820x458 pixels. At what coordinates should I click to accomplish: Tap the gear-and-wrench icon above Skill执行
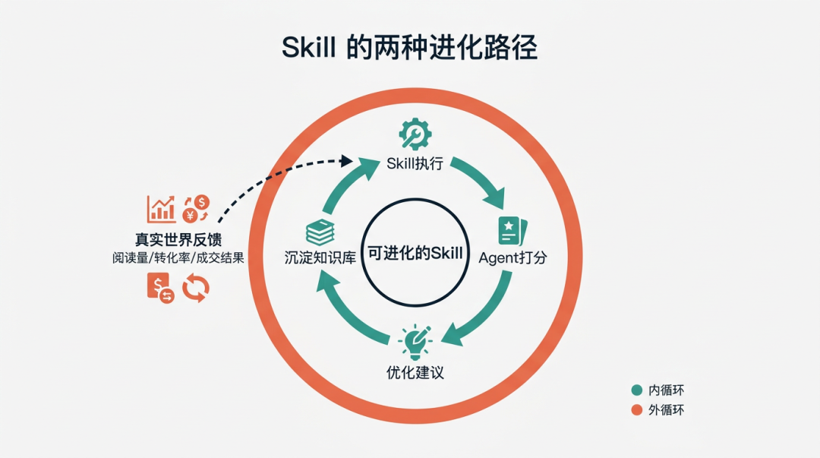(415, 134)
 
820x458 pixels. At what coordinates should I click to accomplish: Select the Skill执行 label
(415, 163)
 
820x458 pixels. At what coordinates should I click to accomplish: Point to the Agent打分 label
(512, 257)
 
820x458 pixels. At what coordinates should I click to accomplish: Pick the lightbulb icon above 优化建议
(415, 342)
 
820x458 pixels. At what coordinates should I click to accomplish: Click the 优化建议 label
(415, 373)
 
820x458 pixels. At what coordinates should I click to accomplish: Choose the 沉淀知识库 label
(316, 257)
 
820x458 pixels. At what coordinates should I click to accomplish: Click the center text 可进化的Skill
(415, 253)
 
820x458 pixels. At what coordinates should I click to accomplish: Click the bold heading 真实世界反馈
(178, 240)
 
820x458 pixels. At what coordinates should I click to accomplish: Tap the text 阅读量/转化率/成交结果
(178, 257)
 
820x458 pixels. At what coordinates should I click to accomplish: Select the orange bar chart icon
(161, 208)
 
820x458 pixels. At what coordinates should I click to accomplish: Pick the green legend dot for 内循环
(636, 390)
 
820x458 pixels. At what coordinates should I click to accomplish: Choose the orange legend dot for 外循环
(636, 410)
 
